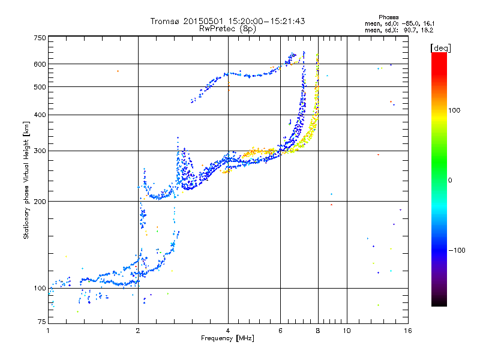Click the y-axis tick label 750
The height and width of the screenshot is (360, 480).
tap(40, 37)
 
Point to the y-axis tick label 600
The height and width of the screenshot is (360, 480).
tap(40, 64)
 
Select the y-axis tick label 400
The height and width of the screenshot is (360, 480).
tap(40, 115)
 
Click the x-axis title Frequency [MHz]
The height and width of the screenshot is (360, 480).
tap(227, 339)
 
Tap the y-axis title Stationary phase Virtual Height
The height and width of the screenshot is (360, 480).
tap(26, 181)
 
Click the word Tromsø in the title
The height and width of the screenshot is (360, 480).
tap(164, 21)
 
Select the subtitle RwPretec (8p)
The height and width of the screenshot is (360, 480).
tap(227, 28)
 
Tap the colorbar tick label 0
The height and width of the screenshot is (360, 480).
tap(451, 180)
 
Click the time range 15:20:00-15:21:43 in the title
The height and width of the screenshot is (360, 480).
tap(265, 21)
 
